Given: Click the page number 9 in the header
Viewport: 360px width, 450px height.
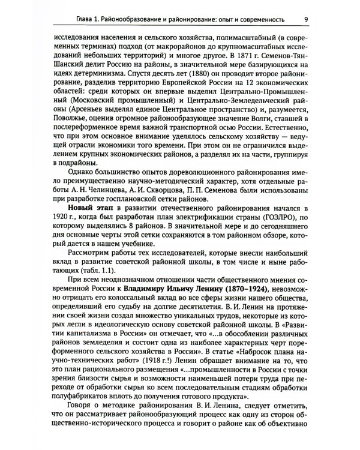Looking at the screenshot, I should coord(307,18).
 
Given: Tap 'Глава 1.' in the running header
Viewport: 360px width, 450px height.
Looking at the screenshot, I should coord(71,18).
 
